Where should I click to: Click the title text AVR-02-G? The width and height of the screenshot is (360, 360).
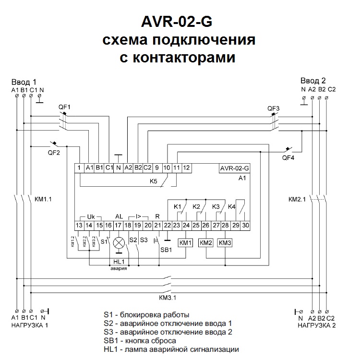tap(180, 22)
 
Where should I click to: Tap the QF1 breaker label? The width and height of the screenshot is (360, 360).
tap(64, 107)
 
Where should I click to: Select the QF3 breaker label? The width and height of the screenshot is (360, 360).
tap(273, 108)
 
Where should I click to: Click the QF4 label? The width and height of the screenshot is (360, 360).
tap(288, 157)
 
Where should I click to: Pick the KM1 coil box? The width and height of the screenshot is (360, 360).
tap(186, 243)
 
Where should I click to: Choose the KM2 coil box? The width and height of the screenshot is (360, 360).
tap(205, 243)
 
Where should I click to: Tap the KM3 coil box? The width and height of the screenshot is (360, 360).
tap(225, 243)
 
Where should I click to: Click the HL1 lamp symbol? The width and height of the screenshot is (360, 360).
tap(119, 242)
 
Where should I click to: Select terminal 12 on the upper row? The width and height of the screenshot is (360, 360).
tap(187, 168)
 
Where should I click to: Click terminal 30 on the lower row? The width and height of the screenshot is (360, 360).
tap(246, 225)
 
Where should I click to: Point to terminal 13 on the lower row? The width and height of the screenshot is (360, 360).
tap(79, 225)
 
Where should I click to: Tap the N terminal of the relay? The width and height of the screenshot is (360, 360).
tap(118, 168)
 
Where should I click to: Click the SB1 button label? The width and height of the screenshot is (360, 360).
tap(166, 250)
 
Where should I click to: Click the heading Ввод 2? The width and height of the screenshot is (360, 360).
tap(313, 80)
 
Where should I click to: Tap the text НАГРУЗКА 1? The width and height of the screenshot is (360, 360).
tap(30, 325)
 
